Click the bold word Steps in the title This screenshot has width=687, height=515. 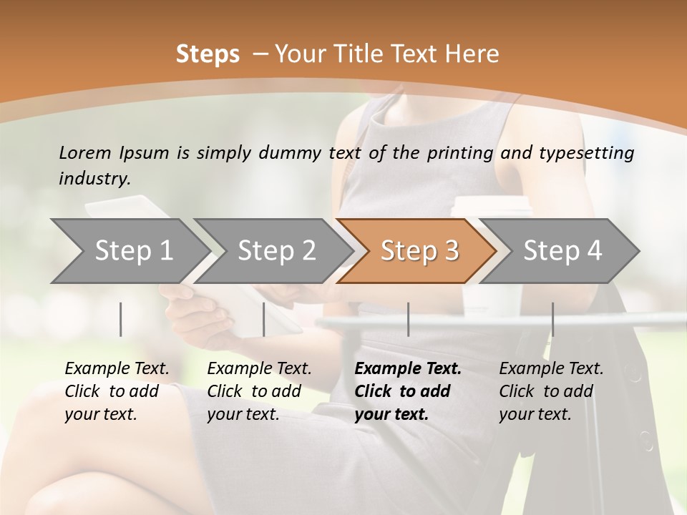pos(208,54)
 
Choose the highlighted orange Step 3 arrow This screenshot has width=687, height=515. pos(419,250)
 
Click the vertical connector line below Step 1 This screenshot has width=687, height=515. pos(121,319)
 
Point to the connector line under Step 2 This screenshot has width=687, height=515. pos(264,319)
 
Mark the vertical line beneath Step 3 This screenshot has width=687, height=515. pos(408,319)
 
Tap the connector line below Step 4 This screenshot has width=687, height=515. pos(552,319)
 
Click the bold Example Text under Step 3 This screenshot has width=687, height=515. pos(408,391)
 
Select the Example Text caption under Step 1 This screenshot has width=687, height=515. pos(117,391)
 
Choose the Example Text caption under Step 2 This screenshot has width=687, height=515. pos(259,391)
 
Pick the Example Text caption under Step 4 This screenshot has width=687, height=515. pos(551,391)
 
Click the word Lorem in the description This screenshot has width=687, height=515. pos(84,153)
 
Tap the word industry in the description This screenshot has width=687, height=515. pos(94,179)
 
